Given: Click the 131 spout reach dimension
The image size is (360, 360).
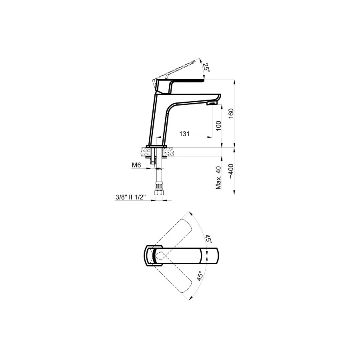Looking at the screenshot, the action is [184, 134].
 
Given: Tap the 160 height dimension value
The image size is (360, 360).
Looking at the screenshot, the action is [231, 114].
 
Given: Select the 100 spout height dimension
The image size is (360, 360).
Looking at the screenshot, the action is [218, 126].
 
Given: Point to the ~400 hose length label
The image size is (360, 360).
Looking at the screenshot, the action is [230, 172].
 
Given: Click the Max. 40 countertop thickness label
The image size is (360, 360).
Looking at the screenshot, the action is [218, 178].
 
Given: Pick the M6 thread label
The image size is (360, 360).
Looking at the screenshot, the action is [136, 165].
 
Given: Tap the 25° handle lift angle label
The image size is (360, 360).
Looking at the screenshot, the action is [206, 68].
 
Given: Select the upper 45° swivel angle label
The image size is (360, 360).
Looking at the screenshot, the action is [208, 240].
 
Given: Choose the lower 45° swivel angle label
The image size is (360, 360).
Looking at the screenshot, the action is [200, 276].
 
